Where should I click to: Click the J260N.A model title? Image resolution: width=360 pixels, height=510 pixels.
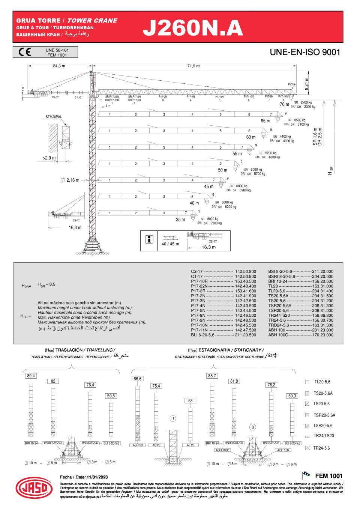tap(193, 28)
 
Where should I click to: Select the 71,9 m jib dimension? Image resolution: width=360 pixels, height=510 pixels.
tap(193, 66)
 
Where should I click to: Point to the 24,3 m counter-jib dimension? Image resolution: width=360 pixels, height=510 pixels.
tap(59, 66)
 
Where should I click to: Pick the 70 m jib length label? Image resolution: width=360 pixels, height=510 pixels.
tap(284, 104)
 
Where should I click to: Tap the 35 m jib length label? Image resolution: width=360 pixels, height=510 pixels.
tap(181, 220)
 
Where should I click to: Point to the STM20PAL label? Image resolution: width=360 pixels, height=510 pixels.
tap(54, 117)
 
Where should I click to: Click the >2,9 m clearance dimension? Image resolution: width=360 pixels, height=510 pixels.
tap(49, 158)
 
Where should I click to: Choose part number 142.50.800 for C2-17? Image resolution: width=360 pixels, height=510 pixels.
tap(245, 271)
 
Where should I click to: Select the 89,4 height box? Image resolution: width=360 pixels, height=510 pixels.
tap(31, 376)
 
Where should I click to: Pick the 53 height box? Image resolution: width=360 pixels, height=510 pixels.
tap(190, 401)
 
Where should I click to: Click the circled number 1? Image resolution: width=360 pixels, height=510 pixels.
tap(172, 418)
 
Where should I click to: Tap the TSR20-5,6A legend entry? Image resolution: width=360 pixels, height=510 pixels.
tap(324, 415)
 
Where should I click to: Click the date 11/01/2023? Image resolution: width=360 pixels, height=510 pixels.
tap(97, 477)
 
